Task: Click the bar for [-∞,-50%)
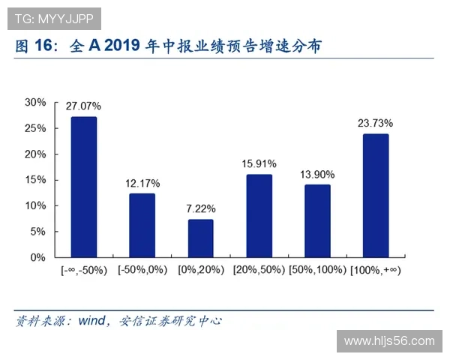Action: click(x=84, y=187)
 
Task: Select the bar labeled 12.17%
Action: click(x=142, y=225)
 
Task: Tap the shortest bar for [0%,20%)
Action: click(x=200, y=238)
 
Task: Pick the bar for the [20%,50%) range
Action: click(x=259, y=215)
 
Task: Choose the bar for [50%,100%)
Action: click(x=317, y=220)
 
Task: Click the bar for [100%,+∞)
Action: click(x=376, y=195)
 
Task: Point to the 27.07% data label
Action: click(x=84, y=106)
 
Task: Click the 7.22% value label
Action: click(x=200, y=209)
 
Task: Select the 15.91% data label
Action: click(x=259, y=163)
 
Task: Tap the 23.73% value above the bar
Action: click(x=376, y=123)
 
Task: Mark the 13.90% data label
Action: click(x=317, y=173)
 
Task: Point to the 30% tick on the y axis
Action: click(x=35, y=102)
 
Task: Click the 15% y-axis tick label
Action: click(x=35, y=180)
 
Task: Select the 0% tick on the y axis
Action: click(x=38, y=257)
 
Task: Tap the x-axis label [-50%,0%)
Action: click(x=142, y=270)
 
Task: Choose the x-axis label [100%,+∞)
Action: click(x=376, y=270)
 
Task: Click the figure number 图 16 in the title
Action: click(x=36, y=46)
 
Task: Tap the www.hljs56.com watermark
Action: click(x=388, y=341)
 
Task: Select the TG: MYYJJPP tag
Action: click(x=51, y=15)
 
